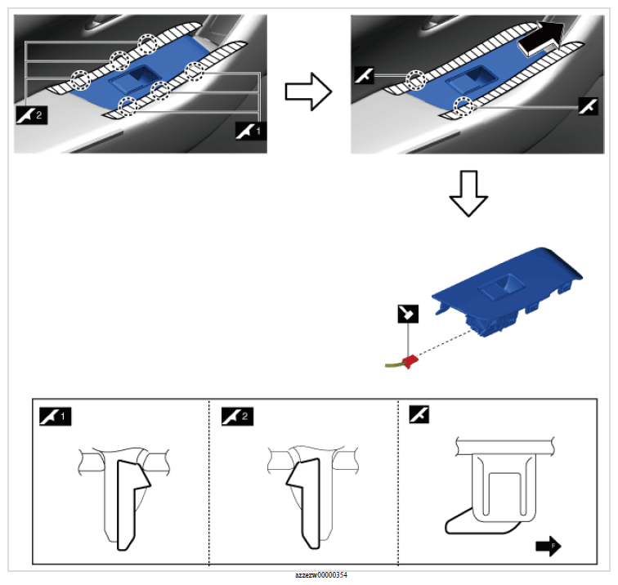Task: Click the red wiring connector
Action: click(x=410, y=361)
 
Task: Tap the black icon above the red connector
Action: click(x=408, y=314)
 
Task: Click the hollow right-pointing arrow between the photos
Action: click(x=308, y=92)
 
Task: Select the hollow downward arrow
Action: click(x=468, y=193)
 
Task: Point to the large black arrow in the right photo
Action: click(x=541, y=38)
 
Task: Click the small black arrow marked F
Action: click(x=549, y=546)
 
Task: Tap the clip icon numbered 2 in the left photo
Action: click(x=32, y=115)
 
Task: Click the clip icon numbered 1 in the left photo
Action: click(x=251, y=132)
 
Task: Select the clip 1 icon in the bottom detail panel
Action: click(x=56, y=417)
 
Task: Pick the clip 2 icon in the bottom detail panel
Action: click(x=237, y=417)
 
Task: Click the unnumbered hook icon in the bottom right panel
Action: click(x=419, y=414)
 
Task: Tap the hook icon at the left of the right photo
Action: click(x=364, y=75)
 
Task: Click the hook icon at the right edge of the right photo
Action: click(x=588, y=106)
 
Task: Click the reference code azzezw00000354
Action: click(x=321, y=575)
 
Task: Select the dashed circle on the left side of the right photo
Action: click(x=416, y=80)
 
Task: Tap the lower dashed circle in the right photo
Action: click(x=463, y=106)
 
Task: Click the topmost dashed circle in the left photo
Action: click(x=148, y=43)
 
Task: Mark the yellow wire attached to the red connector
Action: click(x=394, y=365)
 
